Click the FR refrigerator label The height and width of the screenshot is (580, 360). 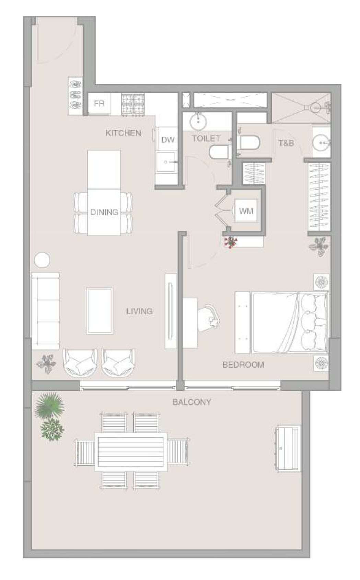click(x=99, y=104)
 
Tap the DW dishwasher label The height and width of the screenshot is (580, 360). click(x=168, y=140)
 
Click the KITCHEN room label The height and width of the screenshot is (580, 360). click(x=124, y=133)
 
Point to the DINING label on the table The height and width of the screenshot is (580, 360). click(x=104, y=212)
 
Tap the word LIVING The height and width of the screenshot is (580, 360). click(x=139, y=311)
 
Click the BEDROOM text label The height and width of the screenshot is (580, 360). click(x=243, y=365)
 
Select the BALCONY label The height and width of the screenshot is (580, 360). click(x=192, y=402)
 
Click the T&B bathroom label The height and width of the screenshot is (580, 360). click(x=286, y=143)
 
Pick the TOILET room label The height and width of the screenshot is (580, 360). click(x=206, y=138)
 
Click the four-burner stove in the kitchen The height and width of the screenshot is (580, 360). click(x=133, y=105)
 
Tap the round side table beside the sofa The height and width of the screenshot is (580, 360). click(x=42, y=260)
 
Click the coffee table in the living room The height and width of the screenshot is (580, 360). click(x=100, y=310)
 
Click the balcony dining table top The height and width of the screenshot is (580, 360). click(x=131, y=452)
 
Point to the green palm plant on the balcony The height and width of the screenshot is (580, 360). click(x=49, y=406)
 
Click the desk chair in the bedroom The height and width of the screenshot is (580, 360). click(x=208, y=318)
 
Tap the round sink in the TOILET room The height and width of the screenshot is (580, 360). click(x=198, y=121)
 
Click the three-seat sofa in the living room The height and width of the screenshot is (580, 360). click(x=46, y=311)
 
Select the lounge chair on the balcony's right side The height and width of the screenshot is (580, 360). click(x=287, y=448)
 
